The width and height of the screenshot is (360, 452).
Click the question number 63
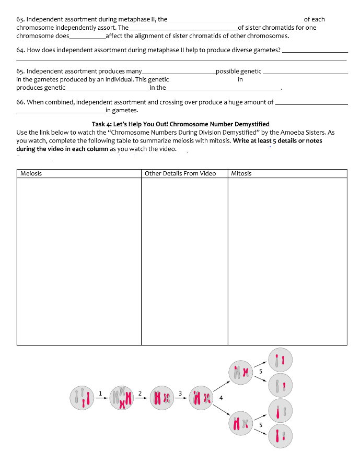tap(20, 19)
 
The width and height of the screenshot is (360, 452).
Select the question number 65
tap(20, 71)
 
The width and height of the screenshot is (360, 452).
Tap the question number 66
tap(20, 102)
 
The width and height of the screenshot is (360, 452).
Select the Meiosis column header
tap(31, 173)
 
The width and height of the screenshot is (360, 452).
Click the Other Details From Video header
tap(180, 173)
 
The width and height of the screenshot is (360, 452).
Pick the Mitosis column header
tap(241, 173)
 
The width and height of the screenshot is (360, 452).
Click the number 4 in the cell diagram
tap(222, 398)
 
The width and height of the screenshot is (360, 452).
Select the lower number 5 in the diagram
tap(260, 424)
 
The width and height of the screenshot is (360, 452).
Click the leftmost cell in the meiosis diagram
tap(83, 397)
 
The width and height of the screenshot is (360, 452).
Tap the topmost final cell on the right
tap(281, 361)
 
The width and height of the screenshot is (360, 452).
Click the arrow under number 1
tap(100, 398)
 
